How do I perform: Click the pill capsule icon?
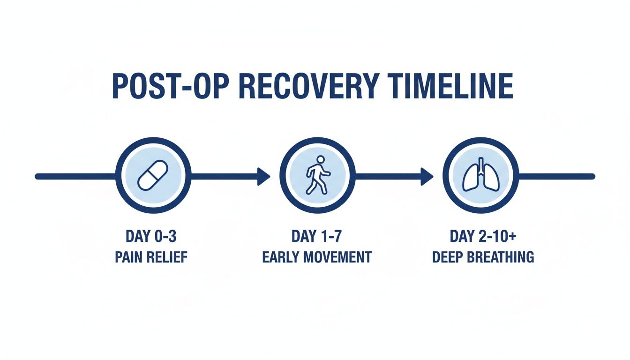(153, 176)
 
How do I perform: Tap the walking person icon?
(317, 176)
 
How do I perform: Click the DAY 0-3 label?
(151, 237)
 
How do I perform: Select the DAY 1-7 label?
(316, 237)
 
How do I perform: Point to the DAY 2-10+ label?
(483, 237)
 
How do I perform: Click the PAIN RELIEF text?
(151, 257)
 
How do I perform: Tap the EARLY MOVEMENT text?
(317, 257)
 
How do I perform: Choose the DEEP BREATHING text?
(483, 257)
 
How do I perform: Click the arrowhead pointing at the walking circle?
(265, 177)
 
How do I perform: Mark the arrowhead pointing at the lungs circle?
(427, 177)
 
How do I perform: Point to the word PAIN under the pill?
(128, 257)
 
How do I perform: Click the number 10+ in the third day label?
(504, 237)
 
